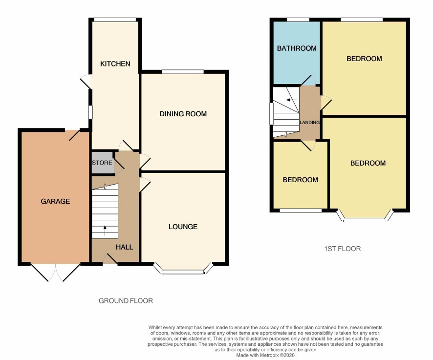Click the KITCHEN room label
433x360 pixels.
tap(115, 64)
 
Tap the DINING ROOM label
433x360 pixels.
tap(183, 114)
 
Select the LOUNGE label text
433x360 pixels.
tap(183, 227)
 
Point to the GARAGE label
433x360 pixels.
tap(55, 201)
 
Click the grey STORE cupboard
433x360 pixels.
tap(103, 163)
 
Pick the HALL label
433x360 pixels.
tap(124, 247)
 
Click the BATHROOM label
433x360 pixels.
tap(297, 48)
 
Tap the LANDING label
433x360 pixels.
tap(309, 122)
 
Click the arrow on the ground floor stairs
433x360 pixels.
tap(105, 231)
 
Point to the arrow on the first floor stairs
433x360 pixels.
tap(291, 100)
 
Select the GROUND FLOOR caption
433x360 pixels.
tap(126, 300)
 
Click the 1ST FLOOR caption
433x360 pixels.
tap(343, 249)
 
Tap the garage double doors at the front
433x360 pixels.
tap(55, 272)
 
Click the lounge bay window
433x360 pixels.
tap(183, 272)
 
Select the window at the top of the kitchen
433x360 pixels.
tap(115, 20)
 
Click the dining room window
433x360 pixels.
tap(183, 72)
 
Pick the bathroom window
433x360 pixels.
tap(298, 20)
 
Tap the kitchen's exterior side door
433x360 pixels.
tap(86, 82)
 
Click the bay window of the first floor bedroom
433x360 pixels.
tap(365, 218)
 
